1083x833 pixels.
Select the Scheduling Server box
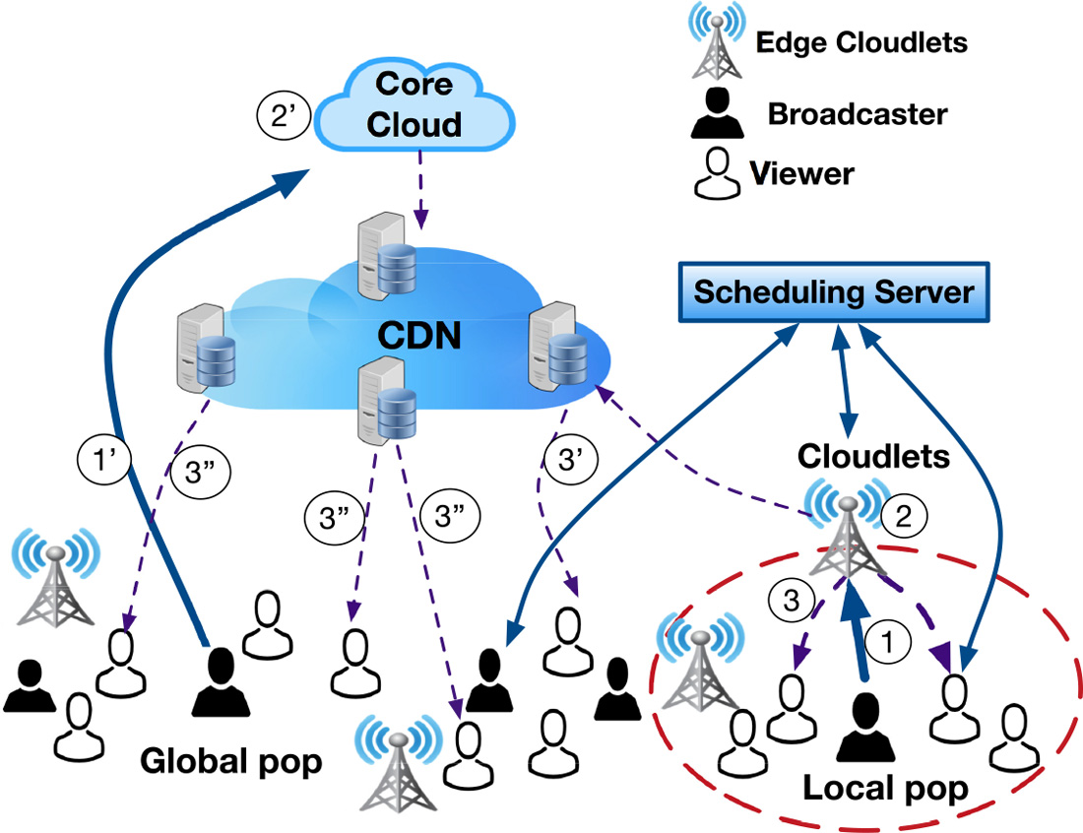tap(833, 292)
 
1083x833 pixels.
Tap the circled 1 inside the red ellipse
tap(888, 641)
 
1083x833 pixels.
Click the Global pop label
tap(231, 763)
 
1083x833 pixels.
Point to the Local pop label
tap(885, 789)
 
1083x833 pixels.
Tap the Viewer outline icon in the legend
tap(718, 175)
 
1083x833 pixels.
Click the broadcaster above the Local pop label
tap(864, 727)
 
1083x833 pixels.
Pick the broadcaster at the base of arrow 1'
tap(218, 681)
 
